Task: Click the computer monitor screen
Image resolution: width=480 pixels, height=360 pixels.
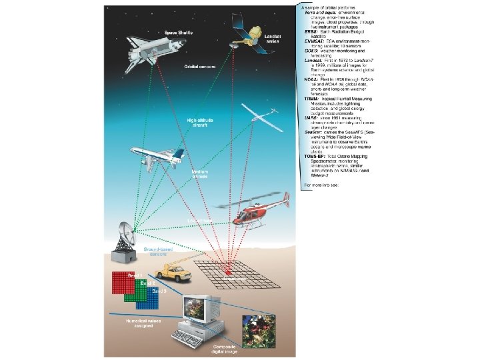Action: coord(198,308)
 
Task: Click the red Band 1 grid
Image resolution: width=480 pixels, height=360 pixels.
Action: coord(127,283)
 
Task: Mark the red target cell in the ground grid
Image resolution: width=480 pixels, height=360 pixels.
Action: coord(227,271)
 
